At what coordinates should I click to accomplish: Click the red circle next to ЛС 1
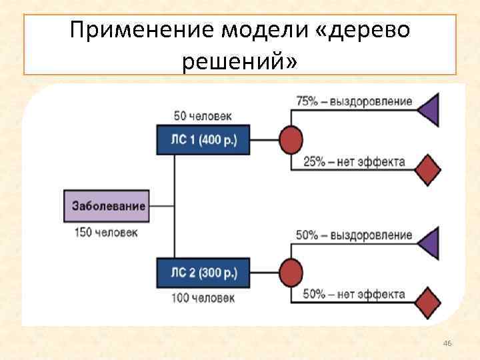point(290,140)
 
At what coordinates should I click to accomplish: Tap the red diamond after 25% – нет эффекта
point(428,169)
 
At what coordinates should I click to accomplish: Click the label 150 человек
point(107,232)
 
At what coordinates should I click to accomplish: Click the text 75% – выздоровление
point(354,102)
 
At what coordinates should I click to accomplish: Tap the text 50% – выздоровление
point(354,236)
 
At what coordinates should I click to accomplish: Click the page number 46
point(447,343)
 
